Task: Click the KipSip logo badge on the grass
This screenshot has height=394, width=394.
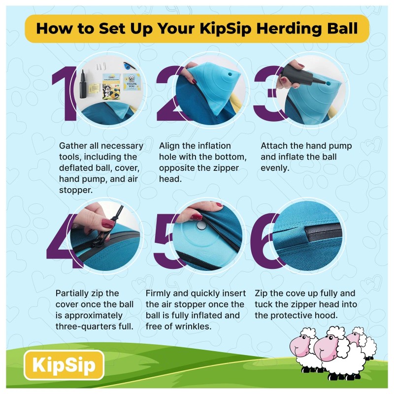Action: (x=64, y=365)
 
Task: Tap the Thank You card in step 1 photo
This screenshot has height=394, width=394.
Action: (x=131, y=82)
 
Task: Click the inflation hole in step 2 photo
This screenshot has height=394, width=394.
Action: (x=230, y=75)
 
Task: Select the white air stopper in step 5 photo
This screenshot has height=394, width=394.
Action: (x=201, y=226)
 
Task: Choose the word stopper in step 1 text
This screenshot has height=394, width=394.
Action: (x=76, y=190)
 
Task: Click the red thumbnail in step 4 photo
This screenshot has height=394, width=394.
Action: (x=107, y=224)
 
